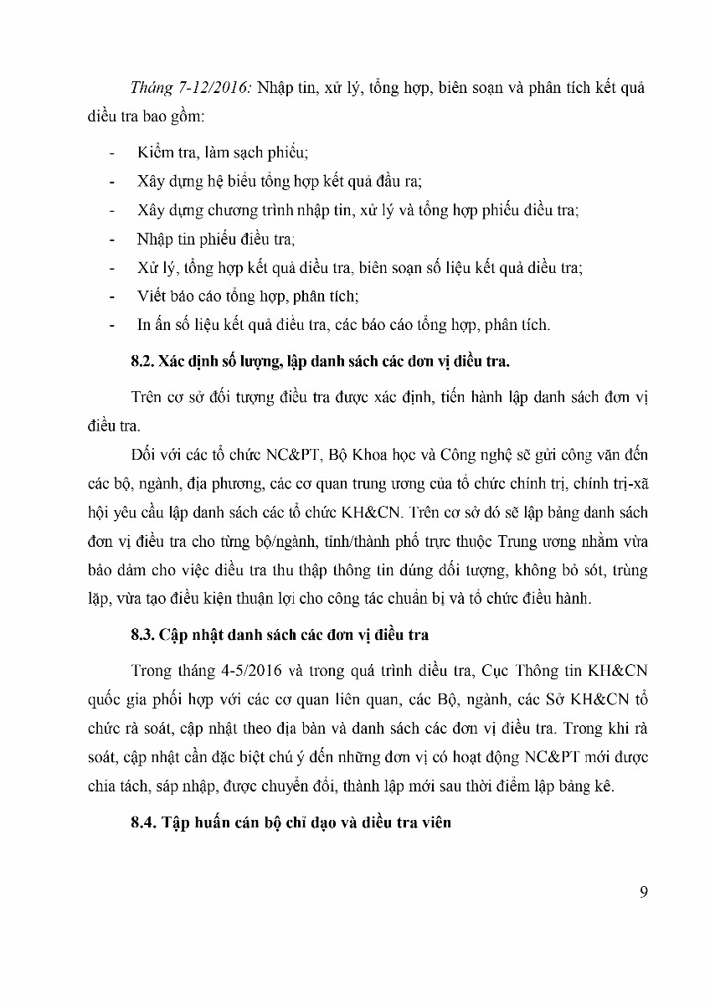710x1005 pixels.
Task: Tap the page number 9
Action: click(643, 891)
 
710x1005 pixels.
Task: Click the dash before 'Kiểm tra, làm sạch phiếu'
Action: click(113, 153)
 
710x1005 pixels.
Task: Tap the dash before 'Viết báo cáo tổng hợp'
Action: click(113, 296)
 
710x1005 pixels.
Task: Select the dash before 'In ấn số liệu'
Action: click(113, 325)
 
